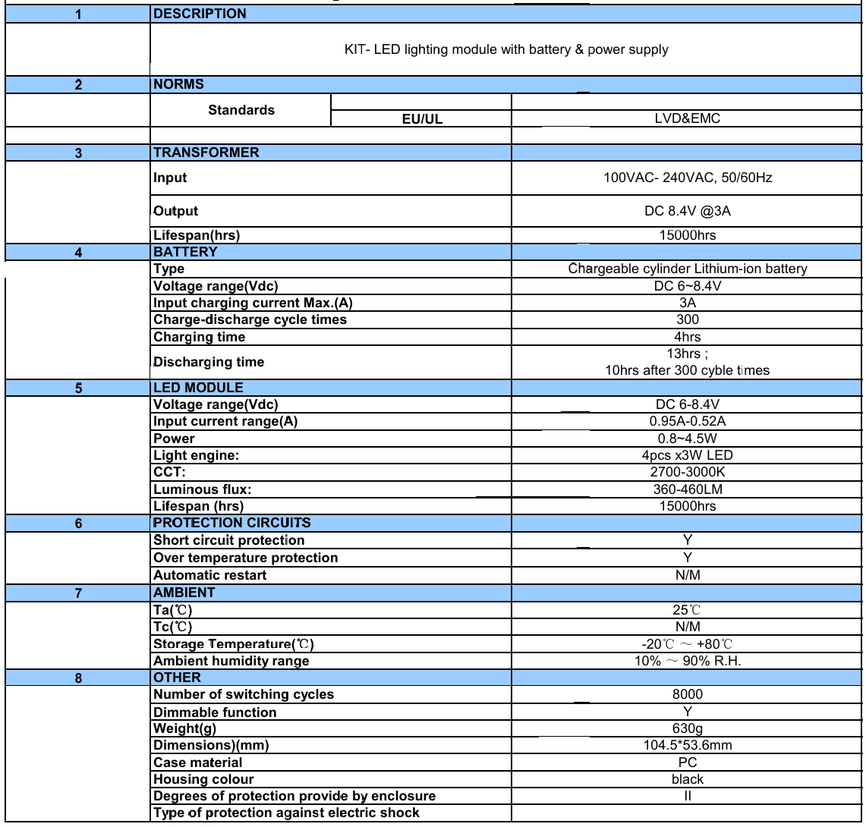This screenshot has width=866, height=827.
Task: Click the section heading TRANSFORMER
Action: [x=206, y=153]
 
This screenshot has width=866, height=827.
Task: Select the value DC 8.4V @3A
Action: [x=688, y=212]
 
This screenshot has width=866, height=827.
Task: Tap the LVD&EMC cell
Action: [x=688, y=119]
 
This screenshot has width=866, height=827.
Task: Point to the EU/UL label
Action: [x=421, y=119]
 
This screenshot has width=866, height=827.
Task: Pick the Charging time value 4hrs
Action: [x=688, y=337]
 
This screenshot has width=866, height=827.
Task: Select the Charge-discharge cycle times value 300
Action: [x=688, y=320]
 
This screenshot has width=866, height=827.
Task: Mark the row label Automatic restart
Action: [x=209, y=575]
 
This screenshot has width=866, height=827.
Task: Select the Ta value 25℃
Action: [x=688, y=609]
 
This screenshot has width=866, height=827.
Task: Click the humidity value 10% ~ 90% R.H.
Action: [x=688, y=661]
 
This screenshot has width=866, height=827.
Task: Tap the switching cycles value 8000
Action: [x=688, y=694]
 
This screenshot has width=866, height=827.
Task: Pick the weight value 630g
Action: [x=688, y=729]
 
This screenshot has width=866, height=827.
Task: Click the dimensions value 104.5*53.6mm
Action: [x=688, y=746]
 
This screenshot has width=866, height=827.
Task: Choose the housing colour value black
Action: [x=688, y=779]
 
